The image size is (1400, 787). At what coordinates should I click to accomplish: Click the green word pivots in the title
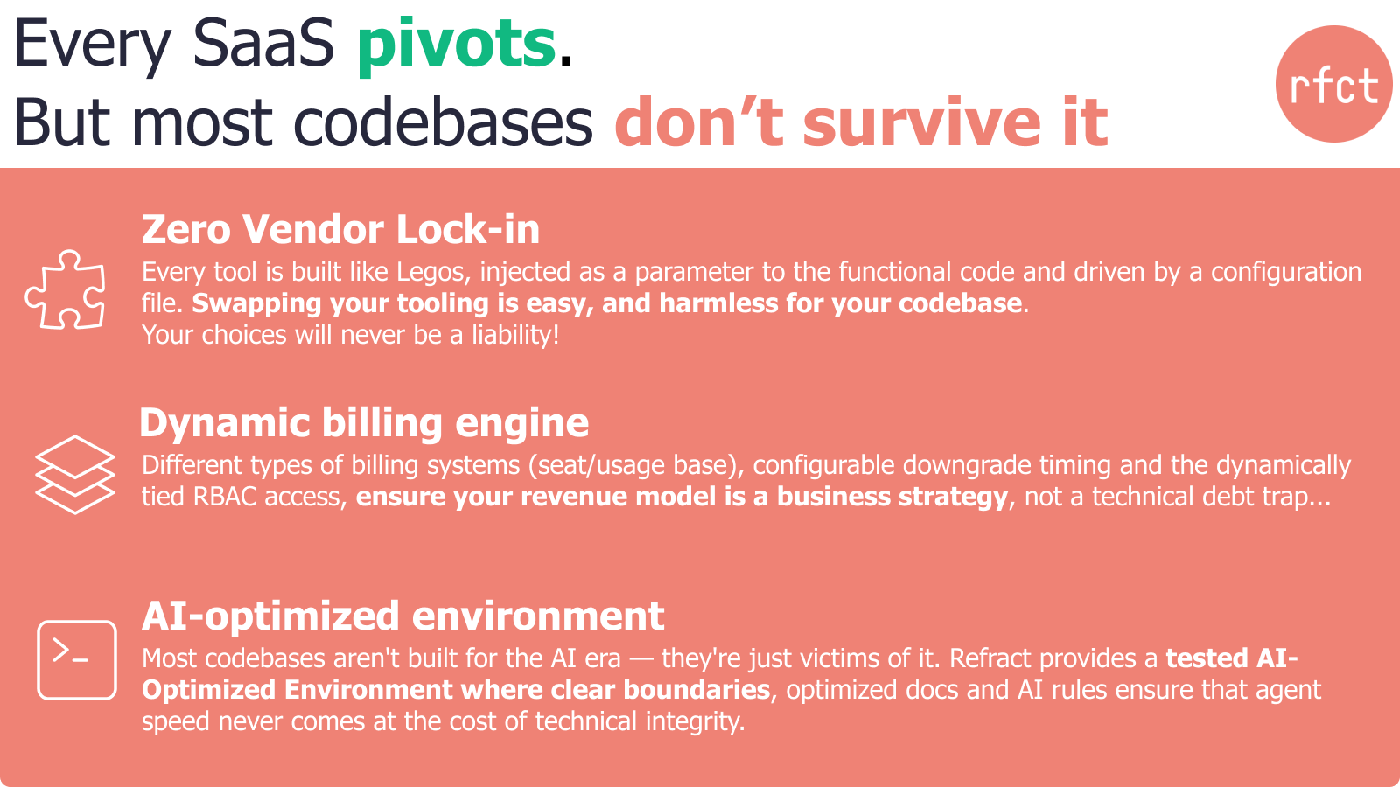(456, 45)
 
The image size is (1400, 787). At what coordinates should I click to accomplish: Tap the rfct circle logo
(1333, 84)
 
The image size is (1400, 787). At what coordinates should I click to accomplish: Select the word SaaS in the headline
(263, 44)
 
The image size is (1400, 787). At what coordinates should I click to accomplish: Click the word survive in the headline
(921, 122)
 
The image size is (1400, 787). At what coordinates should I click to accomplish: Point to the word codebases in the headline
(443, 122)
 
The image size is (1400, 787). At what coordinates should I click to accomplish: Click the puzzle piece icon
(65, 289)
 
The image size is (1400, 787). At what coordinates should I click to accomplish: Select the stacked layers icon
(75, 475)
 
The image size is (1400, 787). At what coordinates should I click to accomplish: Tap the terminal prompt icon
(77, 659)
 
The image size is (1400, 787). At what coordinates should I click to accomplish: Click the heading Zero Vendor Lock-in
(340, 229)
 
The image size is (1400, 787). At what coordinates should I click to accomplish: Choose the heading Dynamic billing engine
(364, 423)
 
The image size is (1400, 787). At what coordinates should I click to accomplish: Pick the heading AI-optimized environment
(403, 616)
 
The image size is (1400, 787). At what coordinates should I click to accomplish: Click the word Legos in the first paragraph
(434, 273)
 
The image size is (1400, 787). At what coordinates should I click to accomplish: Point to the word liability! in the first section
(515, 335)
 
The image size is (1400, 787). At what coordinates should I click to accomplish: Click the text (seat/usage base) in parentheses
(636, 466)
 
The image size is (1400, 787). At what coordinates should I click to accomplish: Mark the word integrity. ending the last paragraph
(695, 722)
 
